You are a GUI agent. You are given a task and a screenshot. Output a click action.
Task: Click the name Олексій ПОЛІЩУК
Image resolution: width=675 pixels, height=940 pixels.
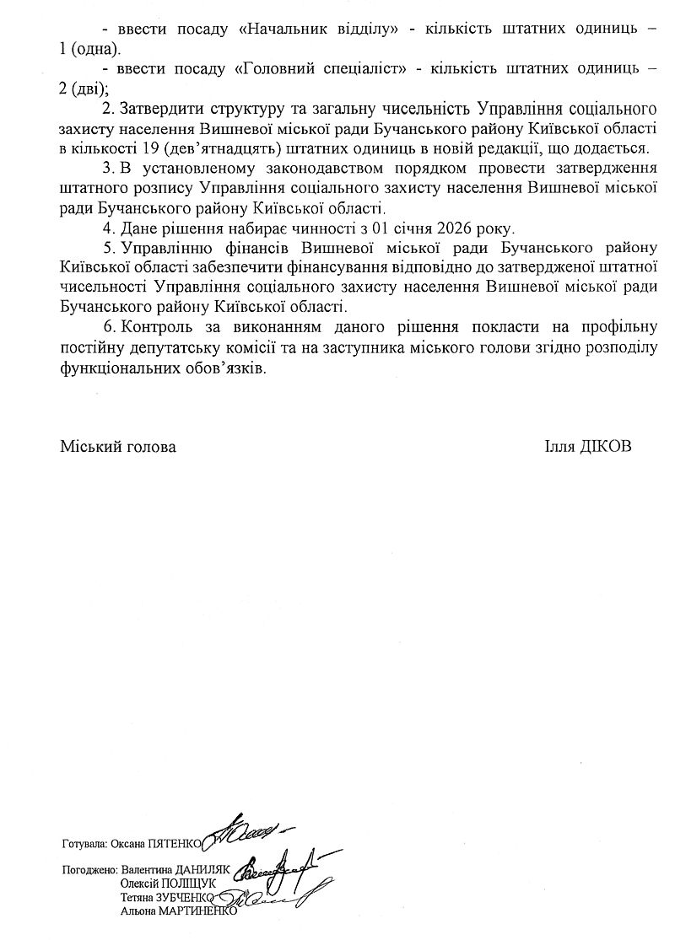pyautogui.click(x=169, y=883)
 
